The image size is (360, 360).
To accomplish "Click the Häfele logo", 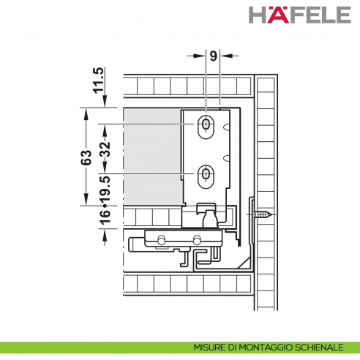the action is click(x=300, y=15).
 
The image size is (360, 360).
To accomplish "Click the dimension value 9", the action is click(x=213, y=56).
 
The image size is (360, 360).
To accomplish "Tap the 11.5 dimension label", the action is click(x=99, y=80).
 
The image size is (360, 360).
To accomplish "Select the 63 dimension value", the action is click(x=86, y=157).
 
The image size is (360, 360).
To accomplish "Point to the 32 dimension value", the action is click(x=105, y=149).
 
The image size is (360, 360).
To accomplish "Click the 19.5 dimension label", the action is click(x=105, y=188).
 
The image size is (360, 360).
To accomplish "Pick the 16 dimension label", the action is click(x=105, y=217).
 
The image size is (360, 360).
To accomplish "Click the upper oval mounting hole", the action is click(x=206, y=127).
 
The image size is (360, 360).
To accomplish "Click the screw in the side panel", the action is click(x=263, y=214).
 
